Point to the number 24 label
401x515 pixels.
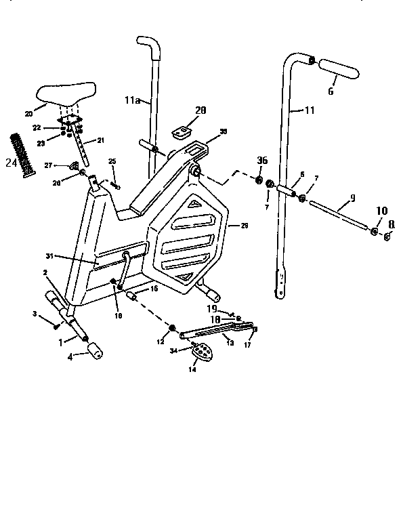[x=9, y=163]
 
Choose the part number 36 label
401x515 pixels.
[x=262, y=161]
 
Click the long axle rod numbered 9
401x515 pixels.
[x=339, y=215]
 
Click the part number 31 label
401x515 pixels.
[x=49, y=256]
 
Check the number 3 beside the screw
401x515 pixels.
[x=34, y=314]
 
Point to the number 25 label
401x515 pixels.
[x=112, y=161]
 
